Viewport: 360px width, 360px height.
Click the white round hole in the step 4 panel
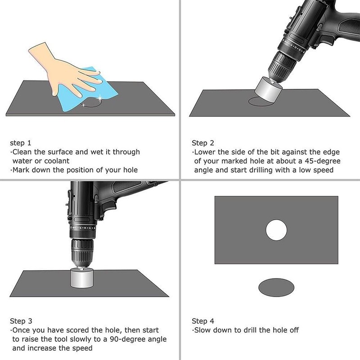coord(276,230)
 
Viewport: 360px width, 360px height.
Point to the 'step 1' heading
coord(21,143)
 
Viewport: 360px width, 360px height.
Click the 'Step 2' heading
coord(203,143)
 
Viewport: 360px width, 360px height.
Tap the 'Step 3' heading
coord(21,321)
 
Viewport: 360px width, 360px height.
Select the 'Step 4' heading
coord(203,321)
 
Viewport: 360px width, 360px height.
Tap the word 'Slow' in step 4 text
coord(203,330)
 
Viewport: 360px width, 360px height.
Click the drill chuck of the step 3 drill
coord(82,252)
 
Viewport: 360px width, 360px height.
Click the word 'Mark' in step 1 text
coord(21,170)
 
